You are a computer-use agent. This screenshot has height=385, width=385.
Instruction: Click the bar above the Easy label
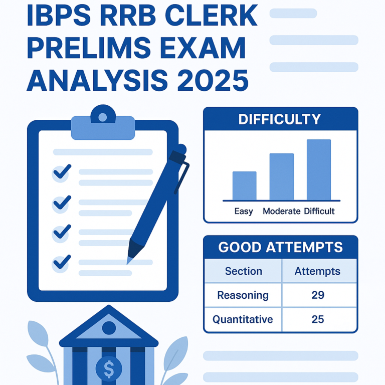click(x=244, y=185)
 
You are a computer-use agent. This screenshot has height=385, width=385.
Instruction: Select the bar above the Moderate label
click(x=281, y=176)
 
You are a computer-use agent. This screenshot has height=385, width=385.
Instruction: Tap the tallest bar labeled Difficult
click(x=318, y=169)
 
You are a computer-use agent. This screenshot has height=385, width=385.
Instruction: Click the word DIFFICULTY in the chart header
click(x=279, y=119)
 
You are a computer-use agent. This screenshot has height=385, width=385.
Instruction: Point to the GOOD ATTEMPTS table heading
click(x=280, y=247)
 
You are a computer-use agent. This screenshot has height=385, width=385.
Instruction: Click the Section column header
click(x=243, y=271)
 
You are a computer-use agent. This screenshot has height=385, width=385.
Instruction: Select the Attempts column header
click(x=317, y=271)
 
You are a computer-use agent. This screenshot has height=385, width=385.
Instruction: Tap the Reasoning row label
click(x=243, y=295)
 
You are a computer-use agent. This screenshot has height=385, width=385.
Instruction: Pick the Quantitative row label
click(x=243, y=319)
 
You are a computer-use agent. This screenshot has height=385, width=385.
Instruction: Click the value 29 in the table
click(x=318, y=295)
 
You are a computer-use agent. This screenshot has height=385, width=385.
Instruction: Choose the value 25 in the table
click(x=318, y=319)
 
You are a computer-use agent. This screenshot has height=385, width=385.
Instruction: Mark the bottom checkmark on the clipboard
click(x=62, y=262)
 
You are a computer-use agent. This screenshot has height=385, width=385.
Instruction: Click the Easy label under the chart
click(x=244, y=211)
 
